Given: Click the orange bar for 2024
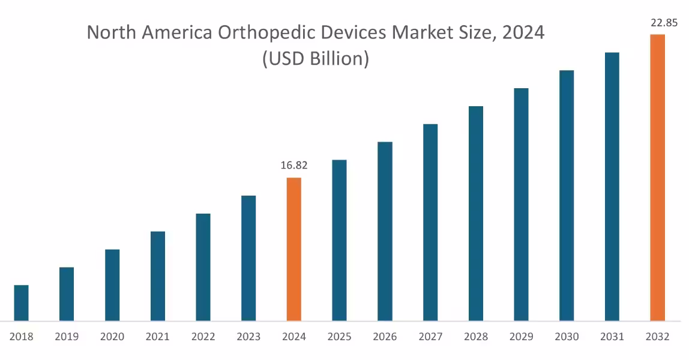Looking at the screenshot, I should pyautogui.click(x=293, y=249).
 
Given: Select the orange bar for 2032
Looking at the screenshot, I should pyautogui.click(x=657, y=178).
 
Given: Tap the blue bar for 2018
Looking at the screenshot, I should pyautogui.click(x=21, y=302).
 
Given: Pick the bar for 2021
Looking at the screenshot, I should pyautogui.click(x=158, y=276).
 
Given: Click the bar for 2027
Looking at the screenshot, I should pyautogui.click(x=430, y=222).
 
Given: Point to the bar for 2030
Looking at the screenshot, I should pyautogui.click(x=567, y=196).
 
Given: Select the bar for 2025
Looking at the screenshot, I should pyautogui.click(x=339, y=240).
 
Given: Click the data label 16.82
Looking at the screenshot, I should pyautogui.click(x=293, y=166).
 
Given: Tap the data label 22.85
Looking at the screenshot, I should pyautogui.click(x=664, y=23).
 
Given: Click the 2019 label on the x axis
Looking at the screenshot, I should pyautogui.click(x=67, y=337).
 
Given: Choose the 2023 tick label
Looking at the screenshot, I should pyautogui.click(x=248, y=337).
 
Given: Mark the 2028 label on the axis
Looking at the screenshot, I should pyautogui.click(x=476, y=337).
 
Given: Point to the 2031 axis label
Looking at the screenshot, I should pyautogui.click(x=612, y=337).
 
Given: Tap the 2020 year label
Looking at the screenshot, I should pyautogui.click(x=112, y=337).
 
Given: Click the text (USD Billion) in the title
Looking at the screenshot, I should pyautogui.click(x=315, y=59).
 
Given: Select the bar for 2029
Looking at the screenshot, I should pyautogui.click(x=521, y=205).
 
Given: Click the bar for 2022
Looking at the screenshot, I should pyautogui.click(x=203, y=267).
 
